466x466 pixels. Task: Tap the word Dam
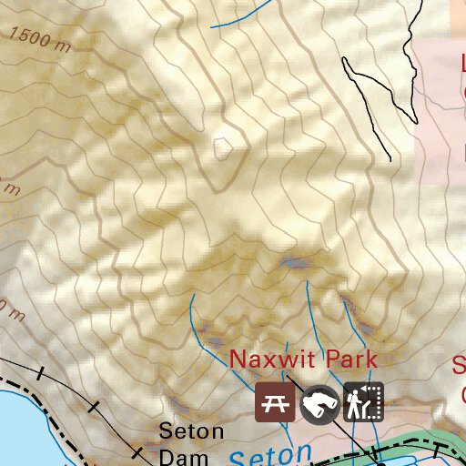pos(178,456)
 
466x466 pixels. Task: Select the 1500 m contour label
pos(41,39)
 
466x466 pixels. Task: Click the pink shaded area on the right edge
pos(441,137)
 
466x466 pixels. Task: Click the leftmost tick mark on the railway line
pos(40,374)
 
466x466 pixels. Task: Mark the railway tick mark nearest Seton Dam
pos(137,451)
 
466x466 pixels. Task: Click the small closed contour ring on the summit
pos(223,148)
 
